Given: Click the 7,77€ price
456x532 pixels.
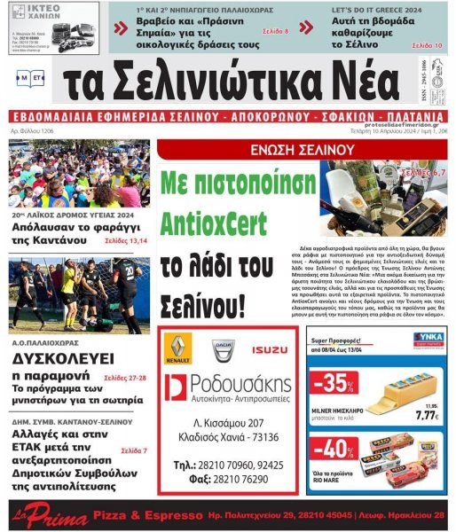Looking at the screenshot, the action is click(x=427, y=413).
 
